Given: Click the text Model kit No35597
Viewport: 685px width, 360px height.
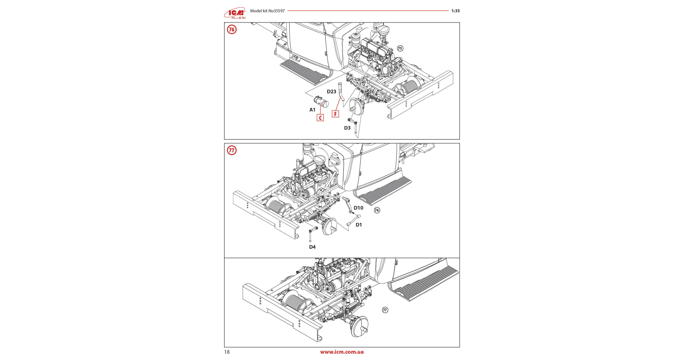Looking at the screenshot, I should (x=267, y=11).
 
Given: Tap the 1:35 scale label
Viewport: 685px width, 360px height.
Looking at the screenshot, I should (x=455, y=11).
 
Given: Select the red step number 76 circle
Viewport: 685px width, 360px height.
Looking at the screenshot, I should (x=232, y=30).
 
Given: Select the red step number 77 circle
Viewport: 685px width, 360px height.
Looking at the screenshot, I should (x=232, y=150).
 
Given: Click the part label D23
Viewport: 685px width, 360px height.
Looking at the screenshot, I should (x=332, y=91).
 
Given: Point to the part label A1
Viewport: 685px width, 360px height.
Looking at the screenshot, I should (x=312, y=110).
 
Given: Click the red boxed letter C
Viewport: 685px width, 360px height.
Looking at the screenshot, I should (x=320, y=118).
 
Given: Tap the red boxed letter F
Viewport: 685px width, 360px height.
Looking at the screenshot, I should (x=335, y=114).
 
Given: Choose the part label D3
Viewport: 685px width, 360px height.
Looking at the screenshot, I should (x=347, y=128).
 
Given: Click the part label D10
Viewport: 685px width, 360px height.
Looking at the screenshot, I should (x=359, y=208).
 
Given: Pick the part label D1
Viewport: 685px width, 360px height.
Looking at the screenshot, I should (x=359, y=225).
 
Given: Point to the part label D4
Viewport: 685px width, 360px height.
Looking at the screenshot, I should (x=312, y=247).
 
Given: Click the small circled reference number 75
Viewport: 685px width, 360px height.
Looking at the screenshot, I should (x=400, y=48).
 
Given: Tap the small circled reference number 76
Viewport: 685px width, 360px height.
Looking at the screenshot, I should (x=377, y=210).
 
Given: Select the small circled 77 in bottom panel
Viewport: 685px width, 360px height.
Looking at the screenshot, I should (x=385, y=310).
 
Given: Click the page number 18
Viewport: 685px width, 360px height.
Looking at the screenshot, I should (x=227, y=352).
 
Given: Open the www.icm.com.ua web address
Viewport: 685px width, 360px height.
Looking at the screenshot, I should (x=342, y=352).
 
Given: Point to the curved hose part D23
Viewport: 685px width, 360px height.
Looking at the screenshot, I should (x=340, y=93).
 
